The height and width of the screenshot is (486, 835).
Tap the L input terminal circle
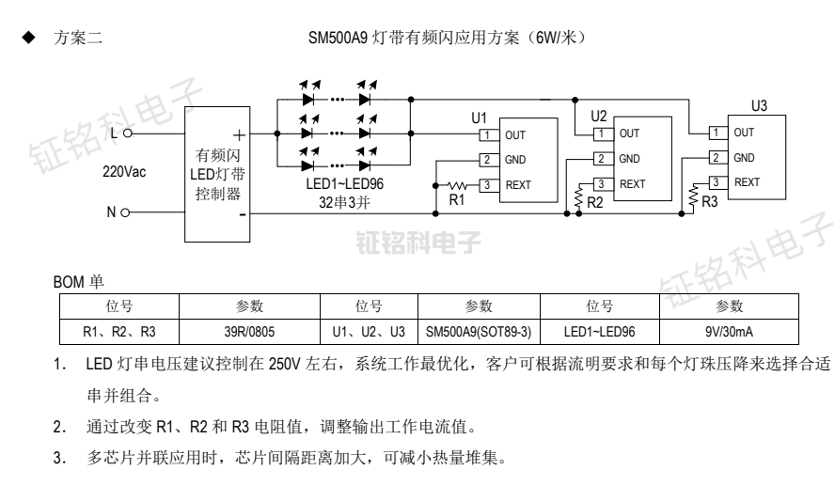click(125, 133)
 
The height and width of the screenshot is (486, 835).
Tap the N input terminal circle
click(125, 213)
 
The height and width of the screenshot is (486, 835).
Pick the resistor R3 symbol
click(694, 194)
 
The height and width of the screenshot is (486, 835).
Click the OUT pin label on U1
click(515, 136)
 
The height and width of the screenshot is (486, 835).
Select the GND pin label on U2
click(629, 159)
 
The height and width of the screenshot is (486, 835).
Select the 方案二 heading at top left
click(81, 38)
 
